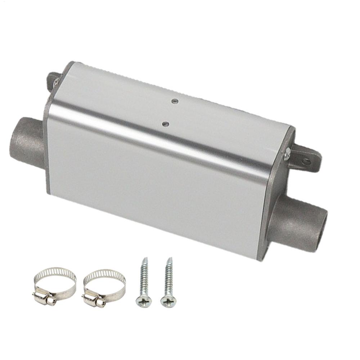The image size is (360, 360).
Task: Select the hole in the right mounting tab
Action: (306, 161)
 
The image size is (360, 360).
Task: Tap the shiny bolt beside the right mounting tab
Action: (287, 154)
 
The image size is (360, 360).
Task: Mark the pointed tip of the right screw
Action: (170, 259)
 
